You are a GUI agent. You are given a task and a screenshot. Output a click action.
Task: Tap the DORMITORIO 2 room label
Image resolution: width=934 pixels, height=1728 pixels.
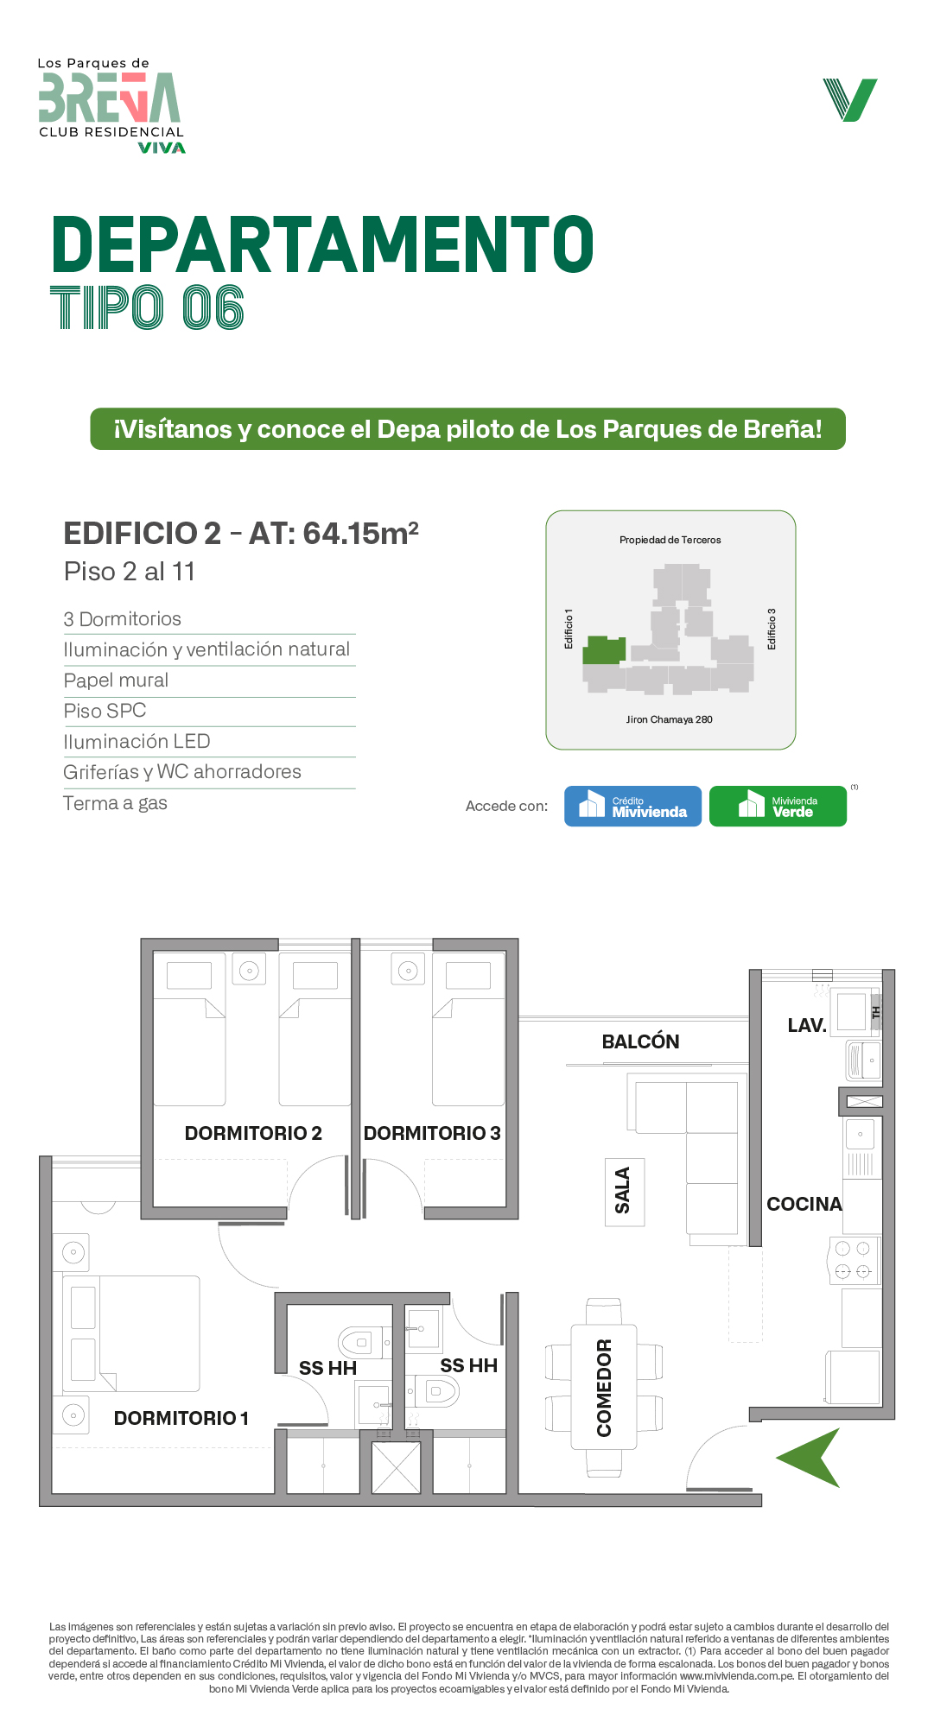(253, 1133)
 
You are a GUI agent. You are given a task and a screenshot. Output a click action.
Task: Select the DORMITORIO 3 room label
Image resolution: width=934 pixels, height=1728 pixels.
(432, 1133)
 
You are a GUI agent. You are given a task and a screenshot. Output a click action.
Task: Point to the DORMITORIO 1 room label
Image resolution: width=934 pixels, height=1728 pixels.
(181, 1418)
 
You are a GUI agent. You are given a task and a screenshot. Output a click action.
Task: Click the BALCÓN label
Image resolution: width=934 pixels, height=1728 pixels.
(640, 1041)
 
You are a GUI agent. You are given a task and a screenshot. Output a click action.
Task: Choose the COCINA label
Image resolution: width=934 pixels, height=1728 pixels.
(804, 1204)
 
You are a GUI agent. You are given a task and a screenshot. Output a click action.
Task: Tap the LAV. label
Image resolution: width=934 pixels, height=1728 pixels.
(807, 1025)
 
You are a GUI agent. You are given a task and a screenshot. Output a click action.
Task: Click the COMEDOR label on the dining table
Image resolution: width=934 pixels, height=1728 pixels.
(604, 1388)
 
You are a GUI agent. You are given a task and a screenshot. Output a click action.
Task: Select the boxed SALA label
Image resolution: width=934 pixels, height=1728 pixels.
(625, 1192)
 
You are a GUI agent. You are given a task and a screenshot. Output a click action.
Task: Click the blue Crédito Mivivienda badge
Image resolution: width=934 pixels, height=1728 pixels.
(632, 806)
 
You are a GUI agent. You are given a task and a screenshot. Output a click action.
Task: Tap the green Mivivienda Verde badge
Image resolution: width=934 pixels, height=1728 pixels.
(778, 806)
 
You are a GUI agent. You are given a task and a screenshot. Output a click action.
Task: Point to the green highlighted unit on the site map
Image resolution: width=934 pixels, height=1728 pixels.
(604, 649)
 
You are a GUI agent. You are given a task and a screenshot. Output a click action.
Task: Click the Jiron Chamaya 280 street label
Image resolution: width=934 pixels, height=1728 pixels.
(670, 719)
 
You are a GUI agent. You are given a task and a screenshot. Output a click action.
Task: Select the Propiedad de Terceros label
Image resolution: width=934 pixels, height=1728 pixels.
(670, 540)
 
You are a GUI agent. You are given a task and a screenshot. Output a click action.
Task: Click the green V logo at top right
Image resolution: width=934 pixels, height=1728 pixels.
(850, 99)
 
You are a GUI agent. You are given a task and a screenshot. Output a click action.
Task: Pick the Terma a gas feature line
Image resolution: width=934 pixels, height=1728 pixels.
(116, 803)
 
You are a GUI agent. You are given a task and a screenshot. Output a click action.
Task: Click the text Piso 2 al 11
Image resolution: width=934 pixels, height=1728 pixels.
(130, 572)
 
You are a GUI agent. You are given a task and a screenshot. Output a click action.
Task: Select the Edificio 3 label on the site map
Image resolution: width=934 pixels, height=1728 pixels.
(772, 629)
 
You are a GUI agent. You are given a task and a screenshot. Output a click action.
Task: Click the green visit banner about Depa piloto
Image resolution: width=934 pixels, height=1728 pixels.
(467, 429)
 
